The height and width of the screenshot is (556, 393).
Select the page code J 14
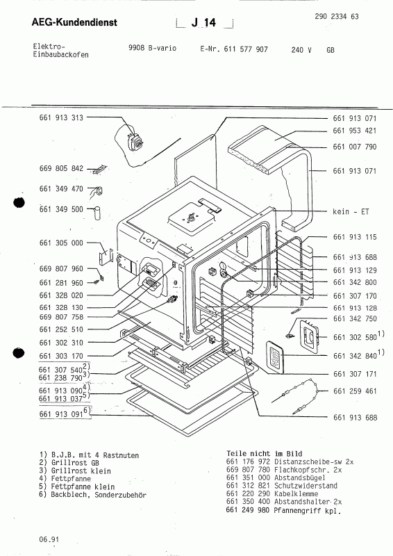click(x=206, y=24)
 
